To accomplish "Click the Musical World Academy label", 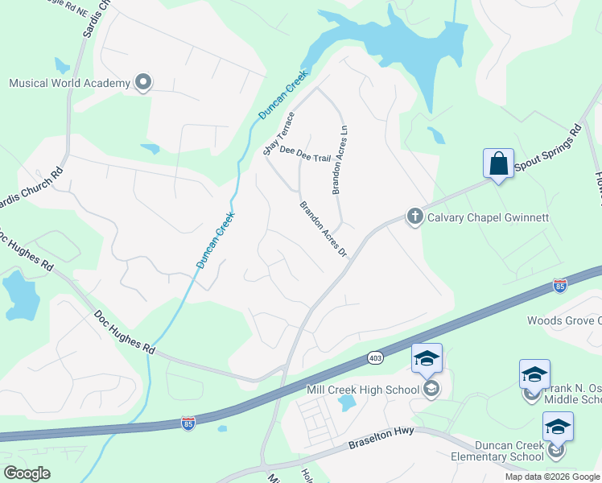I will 69,83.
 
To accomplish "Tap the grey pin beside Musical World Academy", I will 144,82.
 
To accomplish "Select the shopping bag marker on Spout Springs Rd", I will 499,164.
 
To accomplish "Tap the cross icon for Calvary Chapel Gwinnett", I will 414,216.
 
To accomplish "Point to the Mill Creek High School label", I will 364,390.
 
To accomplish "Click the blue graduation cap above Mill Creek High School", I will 427,359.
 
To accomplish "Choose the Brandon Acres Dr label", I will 324,229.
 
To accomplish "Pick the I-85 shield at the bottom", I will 188,424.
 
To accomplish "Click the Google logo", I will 27,473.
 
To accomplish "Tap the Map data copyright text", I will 552,477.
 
